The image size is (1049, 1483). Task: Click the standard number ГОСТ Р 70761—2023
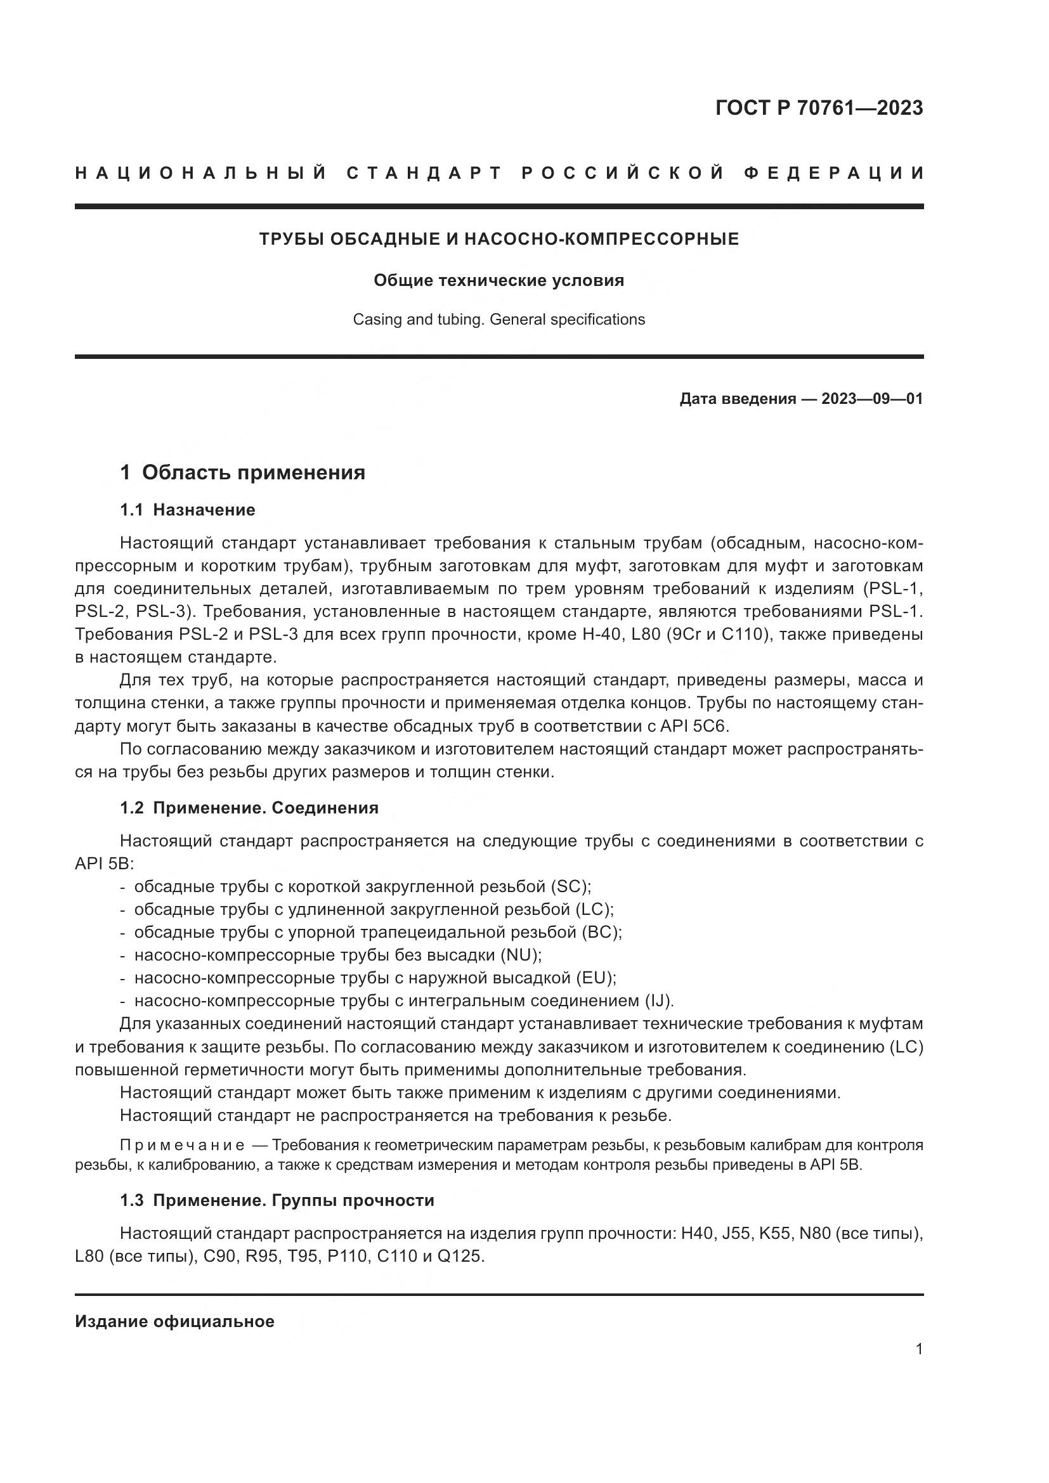[819, 108]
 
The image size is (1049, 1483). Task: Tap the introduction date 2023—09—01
[872, 399]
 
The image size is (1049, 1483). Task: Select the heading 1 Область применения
[242, 473]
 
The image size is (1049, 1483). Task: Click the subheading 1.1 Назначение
[187, 510]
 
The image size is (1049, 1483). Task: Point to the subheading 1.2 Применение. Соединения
[249, 808]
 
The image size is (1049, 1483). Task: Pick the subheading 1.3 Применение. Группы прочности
[277, 1201]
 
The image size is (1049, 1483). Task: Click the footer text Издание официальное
[174, 1321]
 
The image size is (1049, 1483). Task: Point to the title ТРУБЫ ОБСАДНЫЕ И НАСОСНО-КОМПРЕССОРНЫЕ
[498, 240]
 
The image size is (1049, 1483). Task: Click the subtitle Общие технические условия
[498, 280]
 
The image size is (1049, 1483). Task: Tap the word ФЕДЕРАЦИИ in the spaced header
[834, 173]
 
